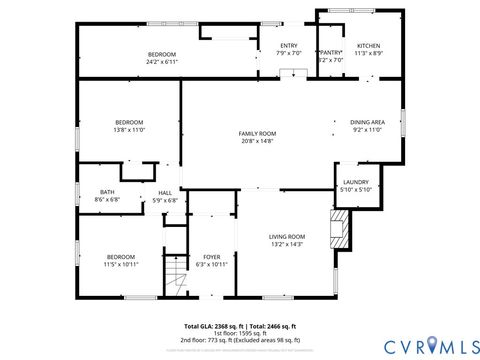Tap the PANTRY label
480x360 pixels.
click(330, 52)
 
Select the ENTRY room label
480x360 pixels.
click(288, 46)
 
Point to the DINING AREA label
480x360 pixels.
click(369, 122)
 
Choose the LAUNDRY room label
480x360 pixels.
click(356, 182)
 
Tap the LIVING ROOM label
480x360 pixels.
click(286, 236)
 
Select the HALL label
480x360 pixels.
click(164, 193)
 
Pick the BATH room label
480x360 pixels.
click(107, 192)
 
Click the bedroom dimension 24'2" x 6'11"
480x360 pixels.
click(162, 61)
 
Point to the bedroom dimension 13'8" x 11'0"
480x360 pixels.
click(129, 129)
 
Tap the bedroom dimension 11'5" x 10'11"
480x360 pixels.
click(121, 263)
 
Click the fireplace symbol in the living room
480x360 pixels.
click(341, 228)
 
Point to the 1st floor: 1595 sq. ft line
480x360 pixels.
click(240, 333)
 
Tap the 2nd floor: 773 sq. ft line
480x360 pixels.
click(240, 340)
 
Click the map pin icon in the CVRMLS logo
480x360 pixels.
click(432, 345)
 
